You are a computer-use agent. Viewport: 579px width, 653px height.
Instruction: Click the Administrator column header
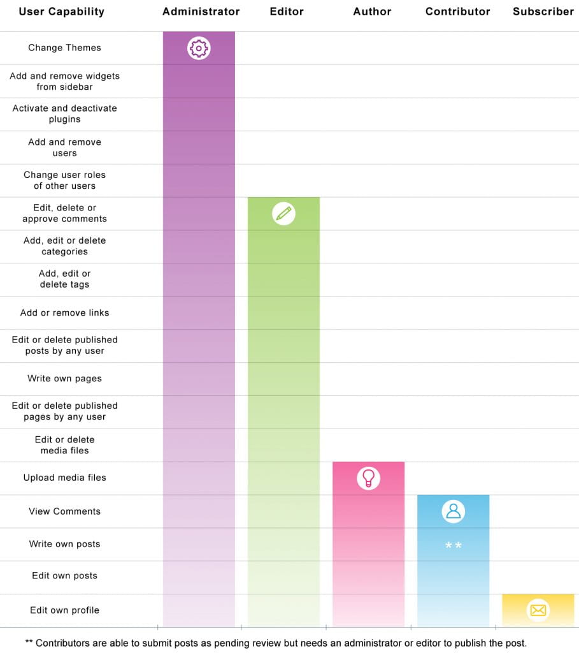pyautogui.click(x=201, y=11)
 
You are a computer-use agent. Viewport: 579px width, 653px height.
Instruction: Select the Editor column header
pyautogui.click(x=287, y=11)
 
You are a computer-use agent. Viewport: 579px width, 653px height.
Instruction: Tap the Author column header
pyautogui.click(x=372, y=11)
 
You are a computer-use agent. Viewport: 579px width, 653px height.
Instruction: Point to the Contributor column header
pyautogui.click(x=457, y=11)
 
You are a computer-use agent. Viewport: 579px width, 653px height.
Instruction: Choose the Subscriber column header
pyautogui.click(x=543, y=11)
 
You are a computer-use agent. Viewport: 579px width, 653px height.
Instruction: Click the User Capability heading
pyautogui.click(x=61, y=11)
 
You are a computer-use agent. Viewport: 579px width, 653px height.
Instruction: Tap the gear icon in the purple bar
pyautogui.click(x=199, y=48)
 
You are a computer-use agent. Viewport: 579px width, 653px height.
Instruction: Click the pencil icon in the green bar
pyautogui.click(x=283, y=213)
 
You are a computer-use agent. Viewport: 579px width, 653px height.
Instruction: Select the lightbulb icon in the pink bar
pyautogui.click(x=368, y=478)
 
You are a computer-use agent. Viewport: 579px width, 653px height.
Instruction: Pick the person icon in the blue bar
pyautogui.click(x=453, y=511)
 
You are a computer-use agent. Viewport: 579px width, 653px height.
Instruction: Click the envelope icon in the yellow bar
pyautogui.click(x=538, y=610)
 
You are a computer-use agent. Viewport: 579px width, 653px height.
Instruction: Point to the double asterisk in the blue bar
pyautogui.click(x=453, y=546)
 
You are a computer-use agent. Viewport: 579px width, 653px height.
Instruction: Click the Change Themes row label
pyautogui.click(x=64, y=48)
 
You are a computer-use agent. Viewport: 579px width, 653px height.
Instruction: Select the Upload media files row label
pyautogui.click(x=64, y=478)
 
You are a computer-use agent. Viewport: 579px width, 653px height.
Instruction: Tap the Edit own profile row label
pyautogui.click(x=64, y=610)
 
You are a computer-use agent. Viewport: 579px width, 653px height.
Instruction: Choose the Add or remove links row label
pyautogui.click(x=64, y=312)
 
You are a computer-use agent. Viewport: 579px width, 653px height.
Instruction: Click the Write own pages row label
pyautogui.click(x=64, y=379)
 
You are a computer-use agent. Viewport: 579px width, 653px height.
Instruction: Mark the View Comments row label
pyautogui.click(x=64, y=511)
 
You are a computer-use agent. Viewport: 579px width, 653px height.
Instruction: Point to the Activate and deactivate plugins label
pyautogui.click(x=64, y=114)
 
